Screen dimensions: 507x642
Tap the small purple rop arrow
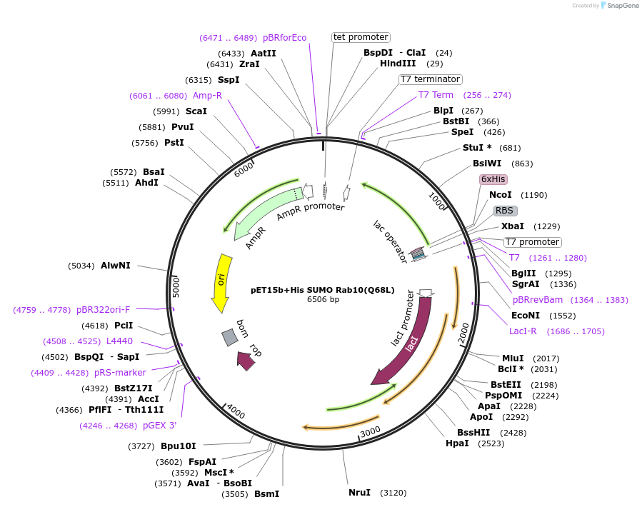click(x=245, y=362)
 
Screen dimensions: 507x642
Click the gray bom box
click(x=229, y=337)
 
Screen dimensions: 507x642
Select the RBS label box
click(x=505, y=211)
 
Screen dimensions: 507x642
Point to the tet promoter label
click(x=361, y=37)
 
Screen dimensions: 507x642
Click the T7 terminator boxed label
click(x=430, y=79)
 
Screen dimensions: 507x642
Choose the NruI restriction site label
click(x=359, y=493)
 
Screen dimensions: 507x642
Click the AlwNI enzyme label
click(x=116, y=266)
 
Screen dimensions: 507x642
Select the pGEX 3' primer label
click(x=159, y=426)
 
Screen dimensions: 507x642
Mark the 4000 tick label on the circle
click(x=235, y=412)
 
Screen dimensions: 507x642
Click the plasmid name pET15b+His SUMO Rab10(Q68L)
click(x=322, y=291)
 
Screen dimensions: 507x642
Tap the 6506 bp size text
click(x=323, y=299)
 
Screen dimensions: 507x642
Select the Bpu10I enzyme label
click(x=178, y=446)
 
